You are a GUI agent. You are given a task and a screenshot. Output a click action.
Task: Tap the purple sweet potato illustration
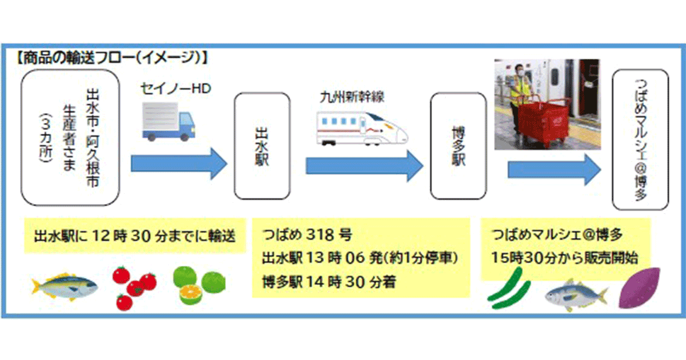tap(641, 289)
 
